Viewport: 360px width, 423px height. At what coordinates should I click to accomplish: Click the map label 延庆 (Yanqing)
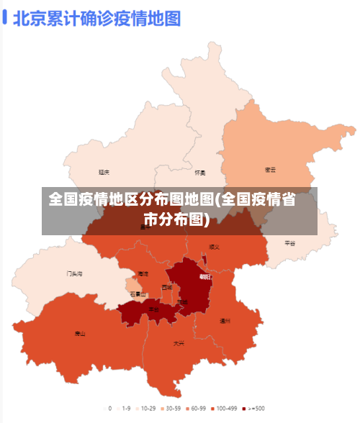[x=104, y=172]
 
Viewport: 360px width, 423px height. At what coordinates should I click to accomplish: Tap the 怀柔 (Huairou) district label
[x=200, y=173]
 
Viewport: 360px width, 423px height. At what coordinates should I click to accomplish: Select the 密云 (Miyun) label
[x=271, y=170]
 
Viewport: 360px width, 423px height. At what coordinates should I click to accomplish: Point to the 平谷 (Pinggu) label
[x=289, y=243]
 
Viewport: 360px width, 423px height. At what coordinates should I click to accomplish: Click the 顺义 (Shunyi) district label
[x=214, y=247]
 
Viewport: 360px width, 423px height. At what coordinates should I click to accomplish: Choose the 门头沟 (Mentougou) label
[x=75, y=273]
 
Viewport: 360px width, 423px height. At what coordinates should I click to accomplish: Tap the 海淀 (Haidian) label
[x=143, y=273]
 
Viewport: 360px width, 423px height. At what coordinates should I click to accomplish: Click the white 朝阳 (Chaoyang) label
[x=205, y=277]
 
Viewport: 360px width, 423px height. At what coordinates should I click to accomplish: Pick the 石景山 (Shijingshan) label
[x=138, y=294]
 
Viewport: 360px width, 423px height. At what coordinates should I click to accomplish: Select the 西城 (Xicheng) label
[x=167, y=287]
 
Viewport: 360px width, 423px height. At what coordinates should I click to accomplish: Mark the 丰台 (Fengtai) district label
[x=153, y=309]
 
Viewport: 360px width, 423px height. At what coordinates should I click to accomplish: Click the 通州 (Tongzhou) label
[x=225, y=321]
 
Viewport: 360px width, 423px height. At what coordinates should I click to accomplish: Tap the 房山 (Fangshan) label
[x=80, y=333]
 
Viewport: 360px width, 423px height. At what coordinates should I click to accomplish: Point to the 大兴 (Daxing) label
[x=179, y=343]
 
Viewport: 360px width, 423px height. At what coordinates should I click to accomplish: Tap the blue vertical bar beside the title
[x=5, y=17]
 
